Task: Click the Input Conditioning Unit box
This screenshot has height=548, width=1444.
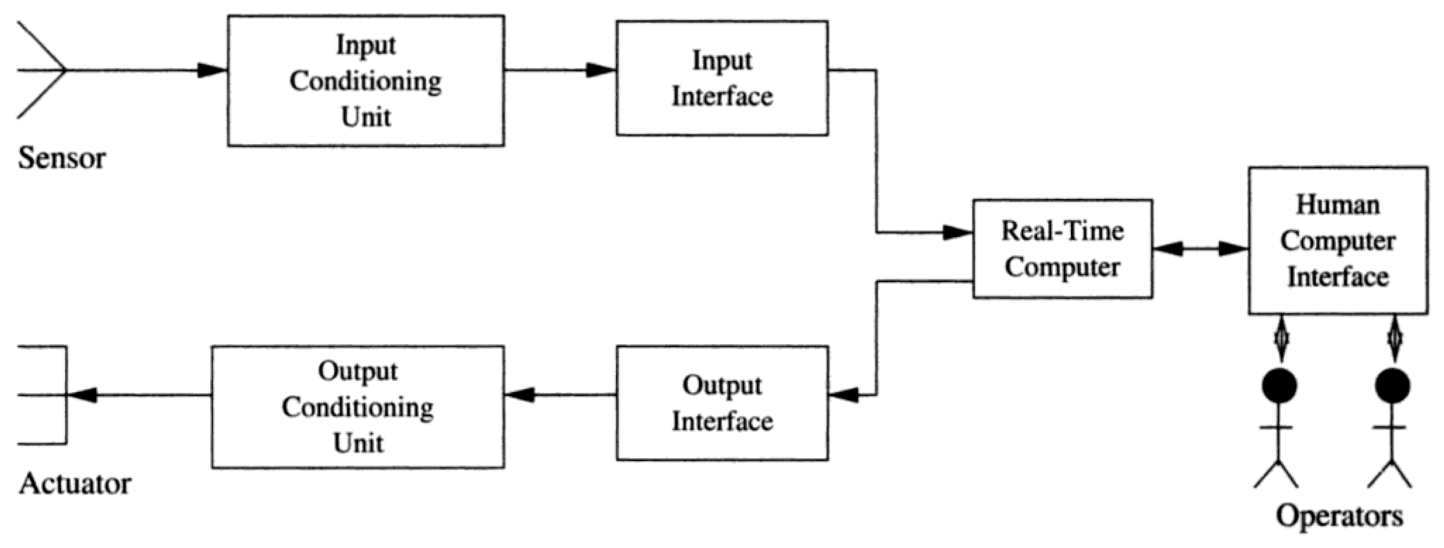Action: [x=366, y=81]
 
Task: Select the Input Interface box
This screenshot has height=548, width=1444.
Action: [x=722, y=78]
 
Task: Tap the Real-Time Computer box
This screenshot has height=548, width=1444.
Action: [x=1062, y=248]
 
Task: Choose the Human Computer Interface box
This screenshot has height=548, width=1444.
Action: [x=1338, y=240]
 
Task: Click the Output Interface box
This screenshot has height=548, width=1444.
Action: [x=722, y=403]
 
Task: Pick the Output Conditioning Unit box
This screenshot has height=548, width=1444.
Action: [x=358, y=407]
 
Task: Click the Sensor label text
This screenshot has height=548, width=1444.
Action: [x=62, y=159]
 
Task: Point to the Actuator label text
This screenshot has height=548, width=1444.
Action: [x=75, y=483]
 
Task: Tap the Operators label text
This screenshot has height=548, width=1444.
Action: [x=1339, y=516]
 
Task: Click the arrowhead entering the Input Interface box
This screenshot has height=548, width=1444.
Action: [x=601, y=71]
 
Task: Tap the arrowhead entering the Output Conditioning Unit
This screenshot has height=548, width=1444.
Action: [x=519, y=395]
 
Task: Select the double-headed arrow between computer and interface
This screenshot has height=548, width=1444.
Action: [x=1200, y=249]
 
